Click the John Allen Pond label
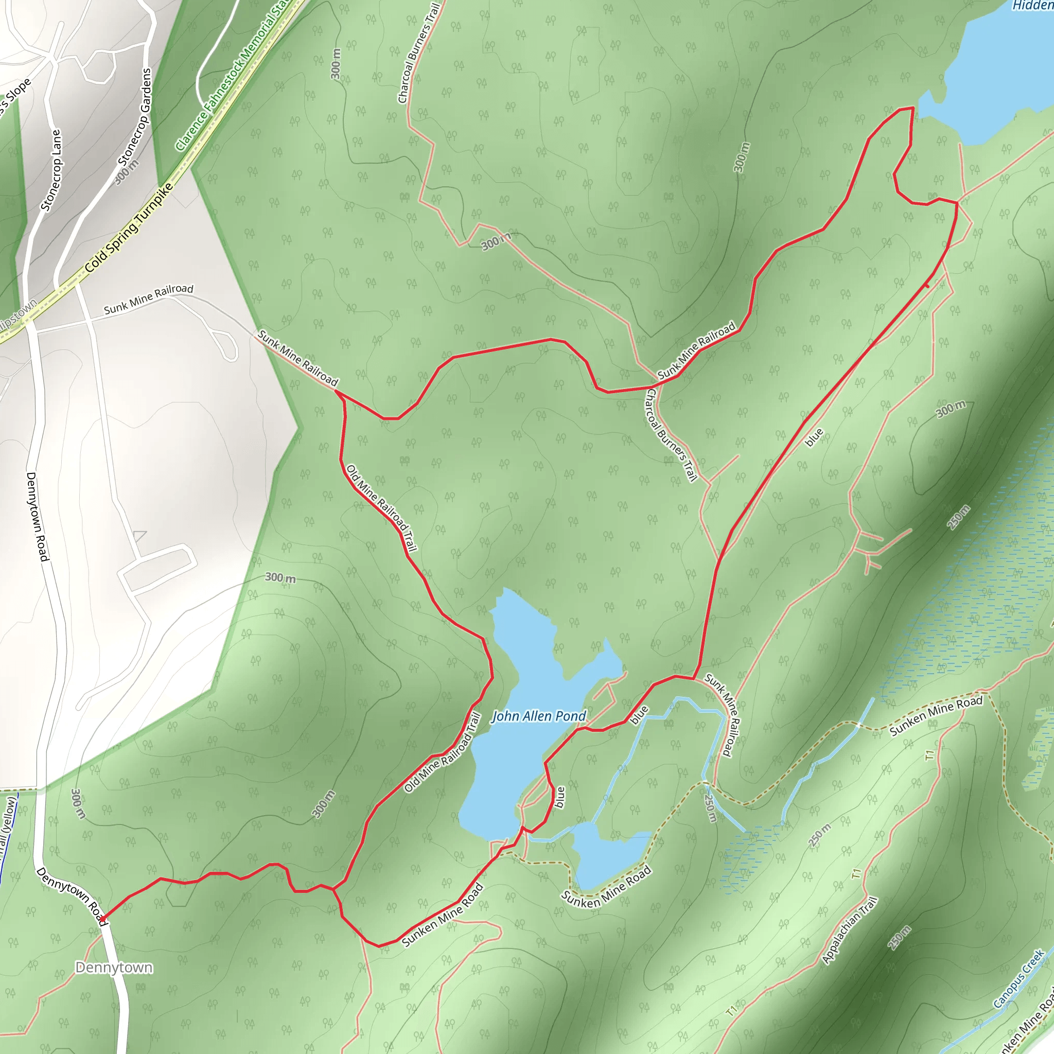click(x=538, y=716)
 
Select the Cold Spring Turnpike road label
click(x=129, y=228)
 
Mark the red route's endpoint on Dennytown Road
click(x=102, y=919)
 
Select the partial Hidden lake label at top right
click(x=1032, y=6)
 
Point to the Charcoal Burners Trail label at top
click(x=418, y=53)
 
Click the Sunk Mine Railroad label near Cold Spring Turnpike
click(x=148, y=299)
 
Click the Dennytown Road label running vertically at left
click(x=38, y=516)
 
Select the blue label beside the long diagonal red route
click(x=814, y=437)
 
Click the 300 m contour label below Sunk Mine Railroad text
click(x=280, y=578)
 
